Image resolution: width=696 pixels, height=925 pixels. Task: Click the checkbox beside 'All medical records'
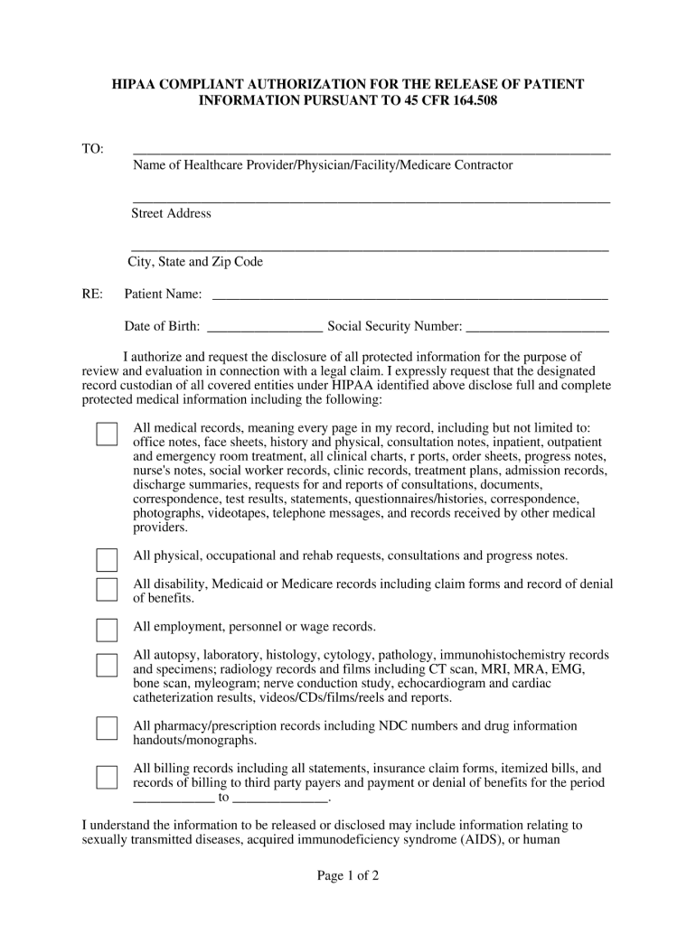point(107,434)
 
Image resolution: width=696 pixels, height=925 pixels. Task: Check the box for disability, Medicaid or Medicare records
point(107,590)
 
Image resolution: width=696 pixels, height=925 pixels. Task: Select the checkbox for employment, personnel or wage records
point(107,631)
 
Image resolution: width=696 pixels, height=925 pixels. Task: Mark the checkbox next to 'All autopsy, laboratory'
point(107,665)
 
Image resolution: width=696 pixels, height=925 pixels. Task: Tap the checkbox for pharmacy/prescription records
point(107,729)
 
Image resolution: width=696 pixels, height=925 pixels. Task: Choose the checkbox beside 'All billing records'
point(107,777)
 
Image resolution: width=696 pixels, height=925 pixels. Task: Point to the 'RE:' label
point(92,294)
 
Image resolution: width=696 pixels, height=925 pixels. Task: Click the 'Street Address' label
point(171,214)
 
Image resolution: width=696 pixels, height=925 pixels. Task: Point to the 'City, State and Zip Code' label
point(195,262)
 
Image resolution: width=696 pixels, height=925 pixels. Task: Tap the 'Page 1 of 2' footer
point(347,875)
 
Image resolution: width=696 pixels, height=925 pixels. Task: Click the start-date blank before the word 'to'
point(173,799)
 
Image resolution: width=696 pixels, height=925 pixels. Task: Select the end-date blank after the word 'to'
point(280,799)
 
